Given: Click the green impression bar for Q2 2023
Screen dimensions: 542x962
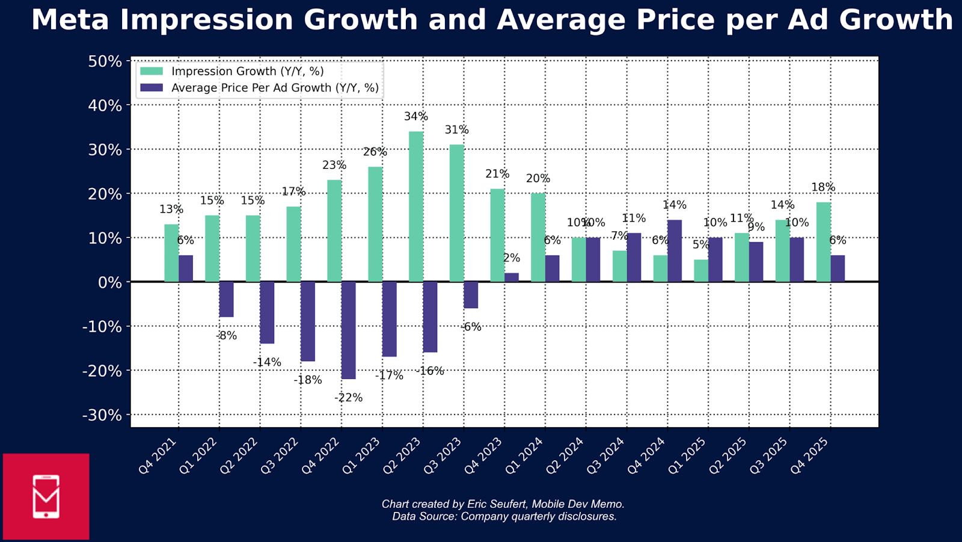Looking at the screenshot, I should pos(416,207).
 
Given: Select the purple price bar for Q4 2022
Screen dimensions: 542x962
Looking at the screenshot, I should pos(349,330).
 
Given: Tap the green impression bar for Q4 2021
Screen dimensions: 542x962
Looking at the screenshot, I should pos(171,253).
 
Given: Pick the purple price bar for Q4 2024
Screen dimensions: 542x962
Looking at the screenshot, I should pos(675,251).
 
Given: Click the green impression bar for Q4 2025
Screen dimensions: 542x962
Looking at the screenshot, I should pos(823,242).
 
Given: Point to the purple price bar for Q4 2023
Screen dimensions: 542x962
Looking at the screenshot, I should pos(512,277).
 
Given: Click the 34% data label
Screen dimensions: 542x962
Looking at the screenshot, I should pos(416,117).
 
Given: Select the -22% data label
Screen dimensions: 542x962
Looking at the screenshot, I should pos(349,398).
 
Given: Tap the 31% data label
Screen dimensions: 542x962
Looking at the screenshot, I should pos(457,130).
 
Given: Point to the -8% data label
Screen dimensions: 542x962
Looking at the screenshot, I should pos(227,336).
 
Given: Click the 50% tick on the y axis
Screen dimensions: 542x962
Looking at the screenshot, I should pos(105,61).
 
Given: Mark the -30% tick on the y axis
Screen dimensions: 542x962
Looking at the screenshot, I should pos(102,415).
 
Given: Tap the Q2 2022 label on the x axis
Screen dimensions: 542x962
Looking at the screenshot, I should pos(240,456).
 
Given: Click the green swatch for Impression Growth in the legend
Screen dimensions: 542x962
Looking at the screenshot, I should pos(152,71).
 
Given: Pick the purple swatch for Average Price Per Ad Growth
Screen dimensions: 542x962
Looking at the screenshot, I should pos(152,88).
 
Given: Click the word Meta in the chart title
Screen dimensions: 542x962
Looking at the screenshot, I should pos(70,20).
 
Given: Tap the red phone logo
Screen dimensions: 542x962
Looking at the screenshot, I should pos(46,496).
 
